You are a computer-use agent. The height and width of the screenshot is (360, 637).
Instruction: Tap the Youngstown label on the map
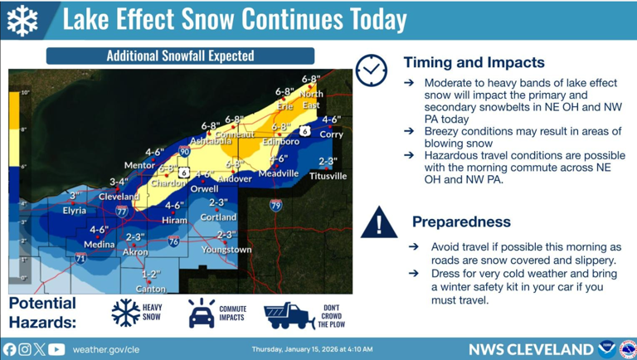pos(226,250)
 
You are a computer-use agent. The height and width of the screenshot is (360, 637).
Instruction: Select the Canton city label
pos(150,289)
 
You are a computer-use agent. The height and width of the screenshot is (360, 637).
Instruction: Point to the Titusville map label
pos(328,176)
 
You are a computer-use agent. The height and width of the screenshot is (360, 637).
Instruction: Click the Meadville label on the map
pos(278,173)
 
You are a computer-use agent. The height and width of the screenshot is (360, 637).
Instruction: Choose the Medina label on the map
pos(100,245)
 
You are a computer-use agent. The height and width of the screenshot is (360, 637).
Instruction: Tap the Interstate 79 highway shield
pos(275,205)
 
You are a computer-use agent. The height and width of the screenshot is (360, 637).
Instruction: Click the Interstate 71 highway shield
pos(80,258)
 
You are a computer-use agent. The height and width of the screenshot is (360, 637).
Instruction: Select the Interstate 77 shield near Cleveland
pos(122,212)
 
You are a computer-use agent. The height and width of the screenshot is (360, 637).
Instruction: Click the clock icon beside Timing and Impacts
pos(371,71)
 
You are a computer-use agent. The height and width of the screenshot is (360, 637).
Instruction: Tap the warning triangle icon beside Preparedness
pos(379,222)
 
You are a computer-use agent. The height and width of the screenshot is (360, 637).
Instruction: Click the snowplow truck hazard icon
pos(288,314)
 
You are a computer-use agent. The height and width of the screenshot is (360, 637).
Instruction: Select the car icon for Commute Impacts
pos(201,314)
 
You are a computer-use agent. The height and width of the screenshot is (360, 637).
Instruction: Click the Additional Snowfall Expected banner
pos(180,56)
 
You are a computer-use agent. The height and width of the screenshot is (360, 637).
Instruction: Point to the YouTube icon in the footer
pos(56,349)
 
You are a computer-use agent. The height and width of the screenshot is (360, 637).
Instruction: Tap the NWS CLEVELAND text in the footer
pos(530,349)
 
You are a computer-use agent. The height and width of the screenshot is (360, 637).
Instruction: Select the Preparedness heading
pos(461,222)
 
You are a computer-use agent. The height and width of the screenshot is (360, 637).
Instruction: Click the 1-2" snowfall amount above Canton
pos(150,274)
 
